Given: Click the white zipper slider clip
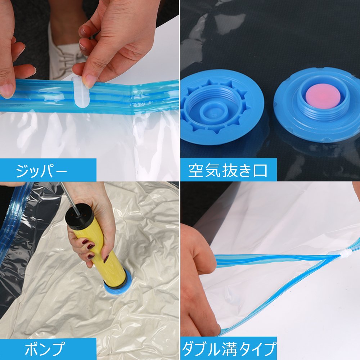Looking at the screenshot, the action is coord(80,92).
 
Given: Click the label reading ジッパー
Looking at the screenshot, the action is coord(41,171).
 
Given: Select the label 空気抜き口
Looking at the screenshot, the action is coord(228,170).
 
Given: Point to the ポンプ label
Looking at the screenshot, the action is coord(45,349).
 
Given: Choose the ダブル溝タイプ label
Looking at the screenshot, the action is coord(229,349).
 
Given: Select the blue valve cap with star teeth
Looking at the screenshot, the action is coord(221,107).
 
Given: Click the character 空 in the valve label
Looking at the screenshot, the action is coord(196,170).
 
